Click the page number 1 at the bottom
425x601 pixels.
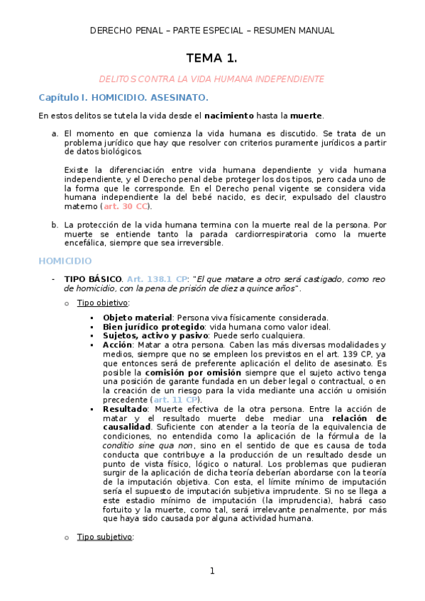211,571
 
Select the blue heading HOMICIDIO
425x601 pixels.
65,261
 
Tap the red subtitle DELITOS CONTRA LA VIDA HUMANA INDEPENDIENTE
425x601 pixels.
211,79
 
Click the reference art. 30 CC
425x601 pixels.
126,206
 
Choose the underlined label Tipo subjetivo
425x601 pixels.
104,537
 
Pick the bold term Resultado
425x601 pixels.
124,409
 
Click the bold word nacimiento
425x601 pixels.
228,115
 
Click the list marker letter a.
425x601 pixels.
55,133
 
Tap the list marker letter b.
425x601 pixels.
55,225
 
